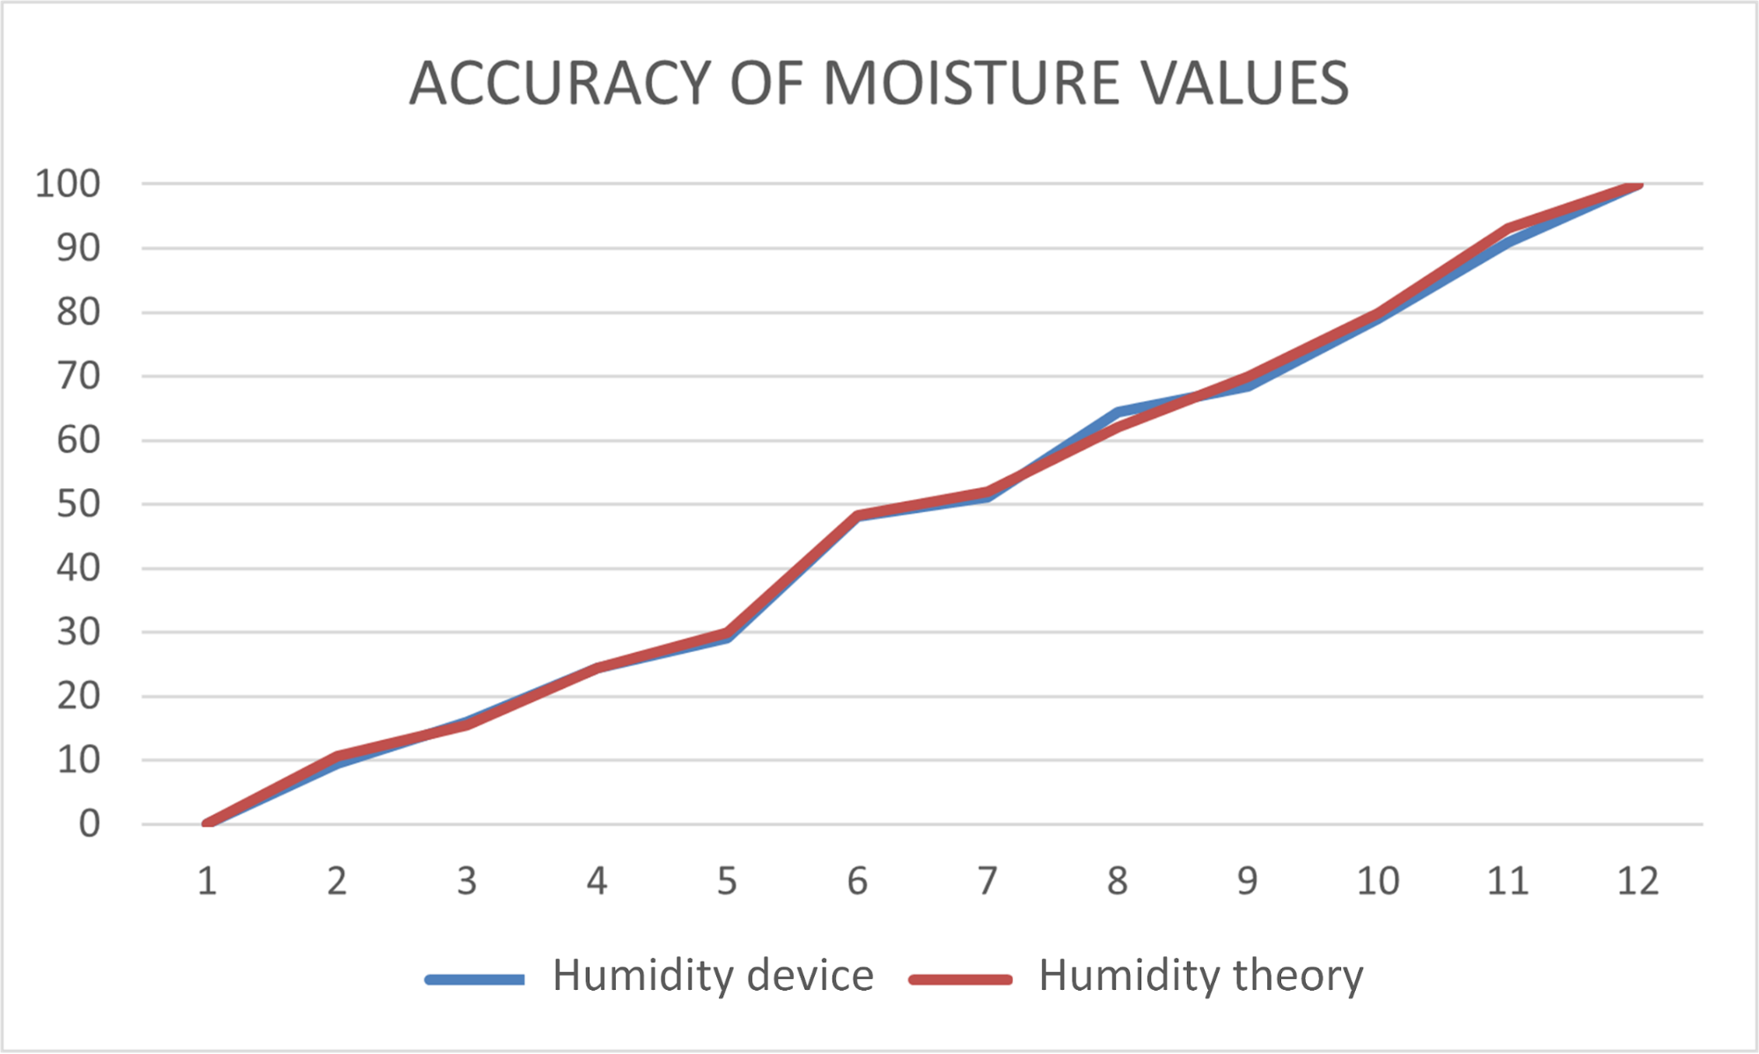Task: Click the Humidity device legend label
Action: tap(713, 976)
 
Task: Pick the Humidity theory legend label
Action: tap(1200, 976)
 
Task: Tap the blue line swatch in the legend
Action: tap(475, 979)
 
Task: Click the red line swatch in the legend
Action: tap(960, 979)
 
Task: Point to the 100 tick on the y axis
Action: tap(68, 184)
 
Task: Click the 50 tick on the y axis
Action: tap(78, 504)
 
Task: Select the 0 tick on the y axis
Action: tap(89, 824)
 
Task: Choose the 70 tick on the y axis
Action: tap(78, 377)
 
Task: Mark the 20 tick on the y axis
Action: tap(78, 697)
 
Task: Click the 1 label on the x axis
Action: tap(207, 881)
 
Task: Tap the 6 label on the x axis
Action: tap(857, 881)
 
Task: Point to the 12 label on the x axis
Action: tap(1638, 881)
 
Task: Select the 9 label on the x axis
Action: tap(1247, 881)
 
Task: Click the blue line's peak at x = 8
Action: tap(1118, 411)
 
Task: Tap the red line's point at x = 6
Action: tap(857, 515)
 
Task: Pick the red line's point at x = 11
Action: tap(1508, 228)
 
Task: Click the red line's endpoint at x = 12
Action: tap(1638, 185)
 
